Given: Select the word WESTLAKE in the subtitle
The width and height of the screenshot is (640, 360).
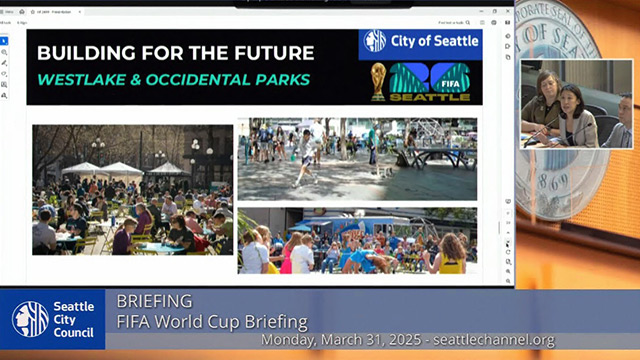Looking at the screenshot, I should pyautogui.click(x=83, y=79).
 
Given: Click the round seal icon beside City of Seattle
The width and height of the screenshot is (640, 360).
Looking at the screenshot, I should pyautogui.click(x=375, y=41).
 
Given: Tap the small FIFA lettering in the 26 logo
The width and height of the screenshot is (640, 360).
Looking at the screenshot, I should pyautogui.click(x=454, y=83).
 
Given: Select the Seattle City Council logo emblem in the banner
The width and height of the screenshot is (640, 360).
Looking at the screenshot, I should pyautogui.click(x=30, y=318).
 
